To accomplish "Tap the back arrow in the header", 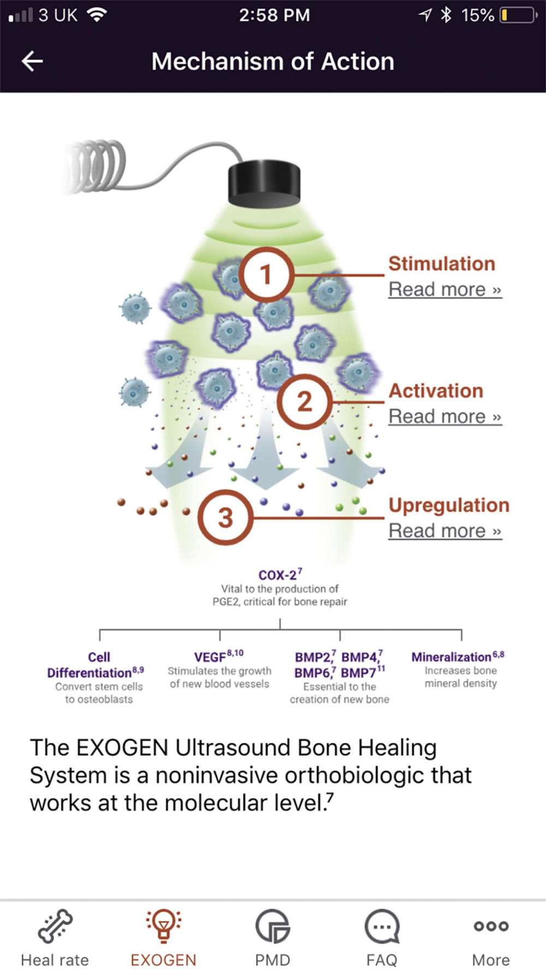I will click(x=32, y=61).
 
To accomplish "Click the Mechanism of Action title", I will click(x=272, y=61).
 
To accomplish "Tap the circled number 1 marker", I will click(x=266, y=274).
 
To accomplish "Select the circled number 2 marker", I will click(x=304, y=402).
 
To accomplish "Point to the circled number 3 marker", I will click(x=225, y=517).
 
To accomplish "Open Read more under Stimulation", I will click(x=444, y=289).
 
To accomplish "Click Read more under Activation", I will click(x=444, y=416).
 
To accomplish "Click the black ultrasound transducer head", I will click(x=264, y=181).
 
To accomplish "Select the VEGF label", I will click(x=211, y=657).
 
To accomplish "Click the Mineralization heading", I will click(x=452, y=657).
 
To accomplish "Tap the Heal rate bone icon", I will click(x=55, y=926).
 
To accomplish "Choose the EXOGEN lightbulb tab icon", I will click(x=163, y=926).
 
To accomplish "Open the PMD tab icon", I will click(x=272, y=926).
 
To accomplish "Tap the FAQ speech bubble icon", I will click(x=382, y=926).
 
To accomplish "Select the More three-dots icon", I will click(x=491, y=926).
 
